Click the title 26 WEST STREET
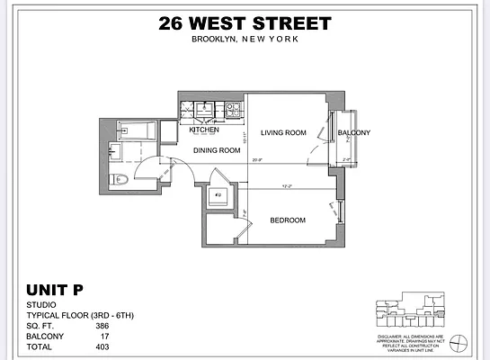coord(244,23)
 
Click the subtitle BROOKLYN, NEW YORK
coord(244,40)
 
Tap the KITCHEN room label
coord(205,130)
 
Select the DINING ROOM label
coord(218,150)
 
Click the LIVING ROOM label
coord(284,132)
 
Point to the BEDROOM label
coord(288,220)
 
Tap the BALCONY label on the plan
coord(353,133)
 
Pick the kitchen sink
coord(205,109)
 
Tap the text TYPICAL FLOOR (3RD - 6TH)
coord(76,316)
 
